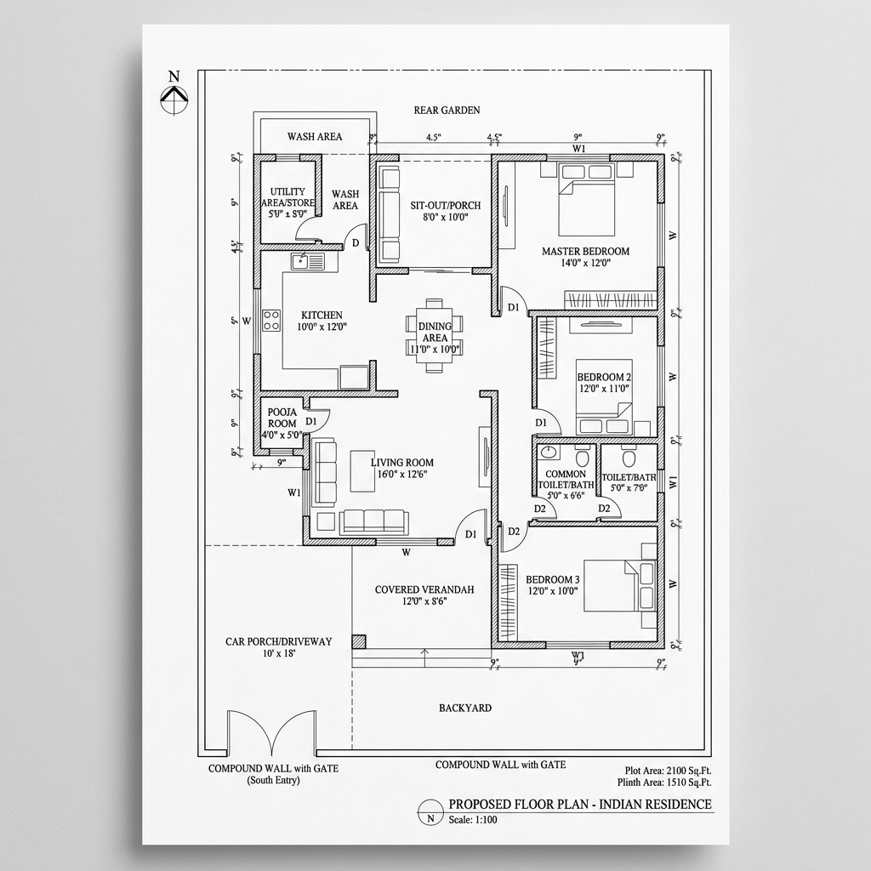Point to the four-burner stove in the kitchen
tap(272, 321)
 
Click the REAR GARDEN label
tap(447, 110)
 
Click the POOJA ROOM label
tap(282, 418)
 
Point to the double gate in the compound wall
tap(272, 733)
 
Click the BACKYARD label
tap(464, 708)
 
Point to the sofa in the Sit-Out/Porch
tap(390, 214)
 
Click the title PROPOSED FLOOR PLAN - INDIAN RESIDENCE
tap(579, 805)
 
